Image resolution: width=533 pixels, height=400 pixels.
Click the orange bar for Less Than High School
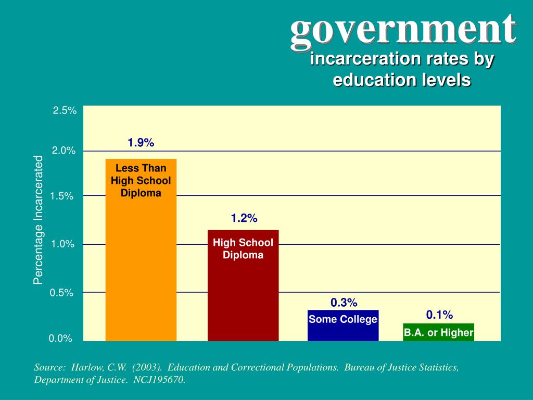pyautogui.click(x=141, y=260)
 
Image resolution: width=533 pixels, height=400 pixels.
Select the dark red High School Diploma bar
pyautogui.click(x=243, y=292)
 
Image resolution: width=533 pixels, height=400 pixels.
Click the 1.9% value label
pyautogui.click(x=141, y=143)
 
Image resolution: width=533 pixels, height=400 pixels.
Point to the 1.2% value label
pyautogui.click(x=244, y=218)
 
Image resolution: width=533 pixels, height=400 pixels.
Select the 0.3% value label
pyautogui.click(x=344, y=303)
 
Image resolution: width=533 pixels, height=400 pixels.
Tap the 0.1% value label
pyautogui.click(x=439, y=315)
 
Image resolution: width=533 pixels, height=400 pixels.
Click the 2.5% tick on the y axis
pyautogui.click(x=65, y=110)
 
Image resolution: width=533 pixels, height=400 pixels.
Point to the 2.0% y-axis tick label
pyautogui.click(x=64, y=151)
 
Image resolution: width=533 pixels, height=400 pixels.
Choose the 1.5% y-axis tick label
pyautogui.click(x=62, y=196)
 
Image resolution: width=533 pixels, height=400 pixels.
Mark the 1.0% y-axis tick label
pyautogui.click(x=62, y=244)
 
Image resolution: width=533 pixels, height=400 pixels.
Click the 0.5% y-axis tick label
pyautogui.click(x=61, y=293)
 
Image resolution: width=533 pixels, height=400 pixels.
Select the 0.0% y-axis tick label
pyautogui.click(x=60, y=339)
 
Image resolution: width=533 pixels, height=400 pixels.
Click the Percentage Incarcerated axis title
pyautogui.click(x=38, y=220)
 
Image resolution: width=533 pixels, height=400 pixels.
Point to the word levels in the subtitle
pyautogui.click(x=447, y=80)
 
